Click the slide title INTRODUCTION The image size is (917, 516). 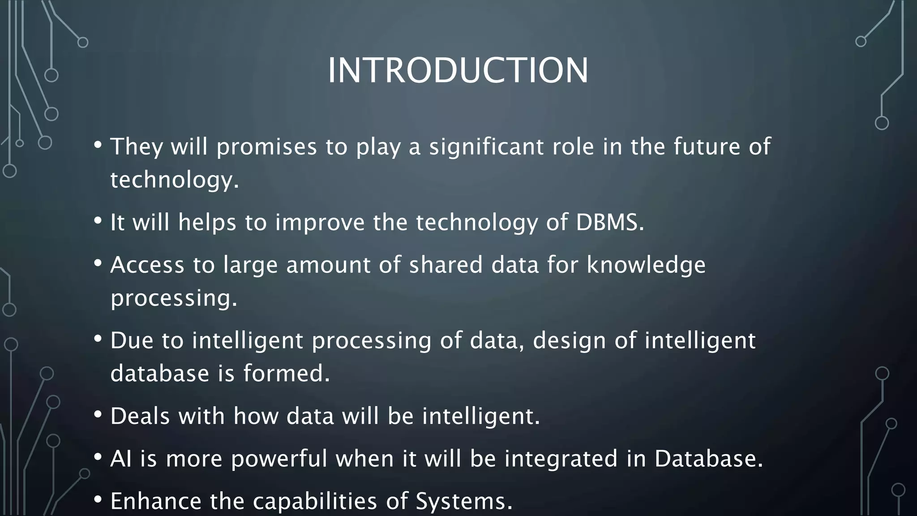[458, 70]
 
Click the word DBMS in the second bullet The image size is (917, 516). [609, 222]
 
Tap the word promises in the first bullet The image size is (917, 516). [267, 147]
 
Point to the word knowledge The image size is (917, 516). [646, 265]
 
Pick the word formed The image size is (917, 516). [286, 374]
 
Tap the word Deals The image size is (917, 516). [140, 416]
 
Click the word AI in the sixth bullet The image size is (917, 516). [121, 459]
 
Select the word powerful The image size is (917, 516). [279, 459]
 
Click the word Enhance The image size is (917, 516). [155, 501]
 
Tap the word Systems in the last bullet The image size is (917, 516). [463, 501]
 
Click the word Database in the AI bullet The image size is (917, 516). [708, 459]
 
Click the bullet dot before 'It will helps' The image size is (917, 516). [98, 220]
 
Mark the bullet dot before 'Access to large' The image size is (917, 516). [98, 263]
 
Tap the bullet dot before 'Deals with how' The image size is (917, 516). [98, 414]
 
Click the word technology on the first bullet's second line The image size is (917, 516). [174, 180]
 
